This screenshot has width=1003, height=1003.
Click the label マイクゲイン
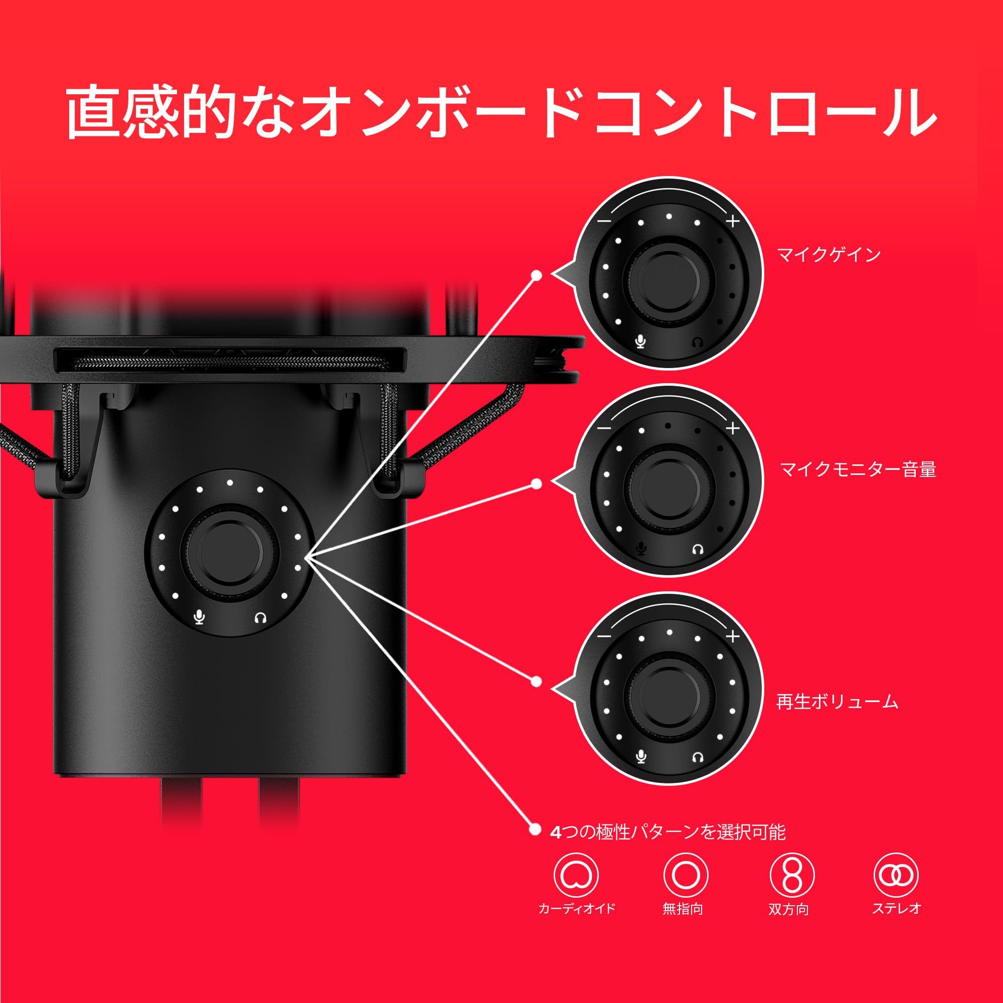pos(828,254)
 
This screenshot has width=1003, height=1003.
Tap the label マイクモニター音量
pos(858,470)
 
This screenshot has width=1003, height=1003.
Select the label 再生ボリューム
pos(837,702)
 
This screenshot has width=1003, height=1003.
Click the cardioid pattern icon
pos(576,875)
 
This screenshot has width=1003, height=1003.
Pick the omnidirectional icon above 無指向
pos(685,875)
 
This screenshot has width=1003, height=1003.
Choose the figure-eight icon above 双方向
pos(791,875)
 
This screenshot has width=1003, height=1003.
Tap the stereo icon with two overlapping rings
pos(896,875)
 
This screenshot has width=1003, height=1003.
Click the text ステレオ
pos(896,908)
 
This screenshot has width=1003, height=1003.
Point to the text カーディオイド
pos(577,908)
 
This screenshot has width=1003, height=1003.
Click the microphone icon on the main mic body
pos(199,617)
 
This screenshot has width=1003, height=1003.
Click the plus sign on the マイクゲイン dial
pos(733,221)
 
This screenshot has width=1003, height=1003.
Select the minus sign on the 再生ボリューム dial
pos(604,636)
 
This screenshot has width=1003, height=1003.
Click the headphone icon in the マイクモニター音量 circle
pos(698,549)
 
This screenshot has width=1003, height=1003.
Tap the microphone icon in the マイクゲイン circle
pos(640,341)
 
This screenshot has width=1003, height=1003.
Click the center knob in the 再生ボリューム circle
pos(669,696)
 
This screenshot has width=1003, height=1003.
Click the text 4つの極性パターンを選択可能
pos(667,832)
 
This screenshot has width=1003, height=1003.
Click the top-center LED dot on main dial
pos(230,483)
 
